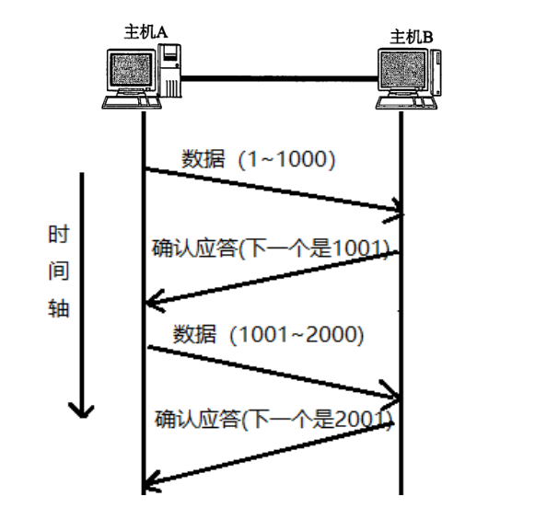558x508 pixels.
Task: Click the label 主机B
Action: tap(412, 37)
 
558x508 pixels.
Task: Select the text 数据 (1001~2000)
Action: tap(269, 334)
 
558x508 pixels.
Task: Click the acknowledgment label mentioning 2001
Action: tap(273, 420)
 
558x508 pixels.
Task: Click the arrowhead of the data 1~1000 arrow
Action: tap(400, 214)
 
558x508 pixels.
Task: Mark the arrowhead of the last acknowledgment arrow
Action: tap(152, 479)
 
